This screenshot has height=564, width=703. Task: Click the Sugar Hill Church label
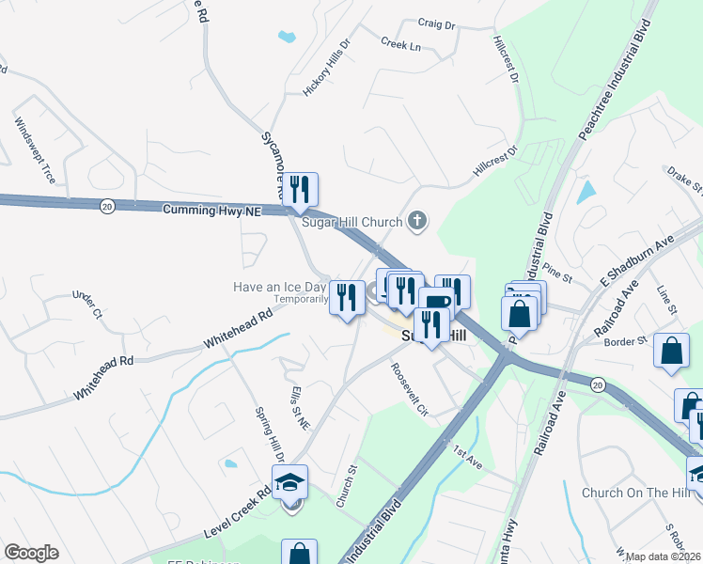(x=351, y=223)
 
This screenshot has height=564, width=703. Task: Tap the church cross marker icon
(x=418, y=223)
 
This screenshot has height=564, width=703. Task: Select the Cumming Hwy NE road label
(x=211, y=211)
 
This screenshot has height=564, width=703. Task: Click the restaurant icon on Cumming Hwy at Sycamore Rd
(x=301, y=190)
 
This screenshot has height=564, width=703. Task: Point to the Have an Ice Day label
(x=280, y=286)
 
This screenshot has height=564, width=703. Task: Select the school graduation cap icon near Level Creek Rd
(x=290, y=482)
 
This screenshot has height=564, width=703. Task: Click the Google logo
(x=32, y=553)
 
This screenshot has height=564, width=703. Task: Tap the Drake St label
(x=684, y=180)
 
